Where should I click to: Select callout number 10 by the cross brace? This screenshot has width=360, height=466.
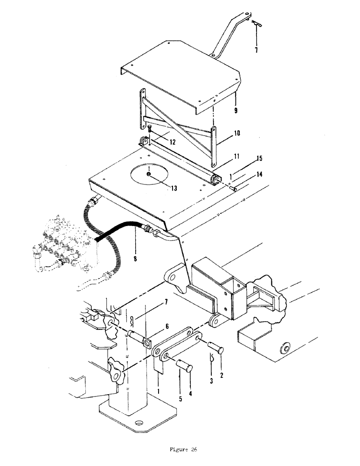(237, 133)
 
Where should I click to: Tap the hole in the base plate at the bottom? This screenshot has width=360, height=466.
(138, 424)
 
